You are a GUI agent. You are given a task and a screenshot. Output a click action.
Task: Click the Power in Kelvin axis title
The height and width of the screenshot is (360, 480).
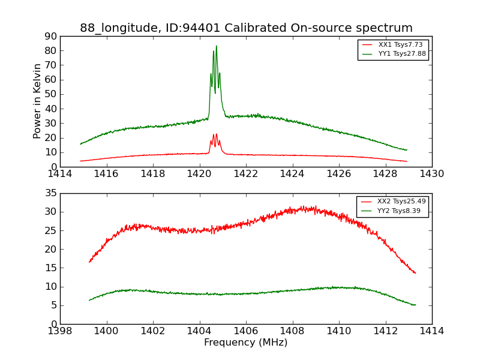37,101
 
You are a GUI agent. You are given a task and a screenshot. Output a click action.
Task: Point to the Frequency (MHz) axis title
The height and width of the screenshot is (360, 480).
246,343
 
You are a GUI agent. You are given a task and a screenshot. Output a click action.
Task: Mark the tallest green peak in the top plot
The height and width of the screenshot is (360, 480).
217,46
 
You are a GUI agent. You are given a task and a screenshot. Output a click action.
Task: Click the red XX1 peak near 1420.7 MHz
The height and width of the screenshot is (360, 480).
216,134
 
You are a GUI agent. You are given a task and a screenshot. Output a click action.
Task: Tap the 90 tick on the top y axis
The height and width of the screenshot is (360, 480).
50,36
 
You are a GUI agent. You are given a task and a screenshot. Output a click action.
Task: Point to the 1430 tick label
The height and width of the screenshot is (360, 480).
432,174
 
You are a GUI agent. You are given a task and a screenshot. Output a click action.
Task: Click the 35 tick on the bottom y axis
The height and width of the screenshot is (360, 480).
50,193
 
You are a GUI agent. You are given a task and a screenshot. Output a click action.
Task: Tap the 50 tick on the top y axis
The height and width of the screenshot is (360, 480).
50,94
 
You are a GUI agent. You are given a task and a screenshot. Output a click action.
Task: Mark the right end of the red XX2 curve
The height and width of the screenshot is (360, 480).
415,273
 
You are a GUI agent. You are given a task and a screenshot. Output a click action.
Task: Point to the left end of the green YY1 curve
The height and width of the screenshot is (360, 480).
80,144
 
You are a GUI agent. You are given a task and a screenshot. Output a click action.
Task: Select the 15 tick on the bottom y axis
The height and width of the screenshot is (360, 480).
50,268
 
